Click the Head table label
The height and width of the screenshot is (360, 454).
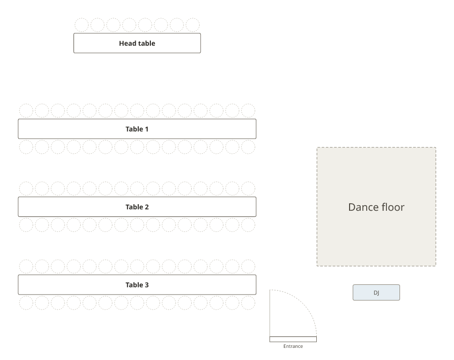click(x=137, y=43)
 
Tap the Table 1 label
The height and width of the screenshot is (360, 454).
click(x=137, y=129)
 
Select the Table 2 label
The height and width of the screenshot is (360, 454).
click(x=137, y=207)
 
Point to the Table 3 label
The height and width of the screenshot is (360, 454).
click(x=137, y=285)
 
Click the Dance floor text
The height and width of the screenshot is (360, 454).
click(x=376, y=207)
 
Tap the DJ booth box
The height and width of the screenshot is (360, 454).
click(x=376, y=292)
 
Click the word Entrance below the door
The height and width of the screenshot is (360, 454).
click(x=293, y=346)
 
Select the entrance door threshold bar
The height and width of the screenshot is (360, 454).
click(x=293, y=339)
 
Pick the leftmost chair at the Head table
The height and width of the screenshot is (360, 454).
click(x=82, y=25)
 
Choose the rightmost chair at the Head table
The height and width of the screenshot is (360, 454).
click(x=193, y=25)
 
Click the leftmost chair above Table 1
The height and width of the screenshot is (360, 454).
click(x=26, y=110)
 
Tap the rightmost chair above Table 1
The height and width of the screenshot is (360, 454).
click(x=248, y=110)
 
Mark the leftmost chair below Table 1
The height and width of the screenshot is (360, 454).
click(x=26, y=147)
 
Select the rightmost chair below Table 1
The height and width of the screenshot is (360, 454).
click(x=248, y=147)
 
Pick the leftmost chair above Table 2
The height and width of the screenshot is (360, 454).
click(x=26, y=189)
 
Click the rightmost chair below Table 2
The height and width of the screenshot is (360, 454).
click(x=248, y=225)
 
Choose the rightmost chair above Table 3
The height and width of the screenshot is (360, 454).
click(x=248, y=267)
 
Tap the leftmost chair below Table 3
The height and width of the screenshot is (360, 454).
click(x=26, y=303)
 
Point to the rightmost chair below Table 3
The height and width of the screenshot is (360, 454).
click(x=248, y=303)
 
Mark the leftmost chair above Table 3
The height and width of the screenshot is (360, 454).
click(x=26, y=267)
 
